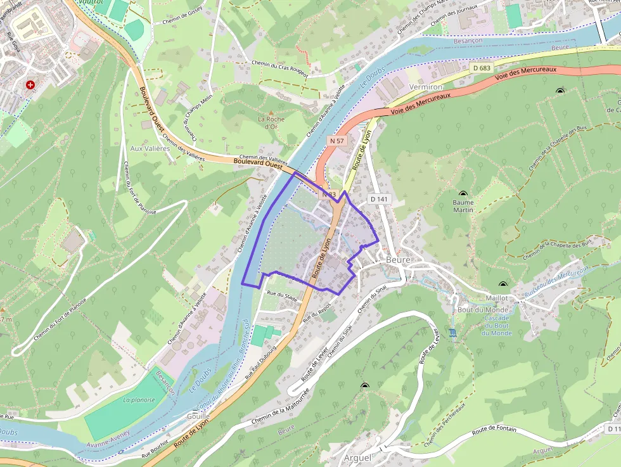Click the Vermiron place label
click(425, 86)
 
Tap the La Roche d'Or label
click(271, 122)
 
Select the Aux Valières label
click(150, 148)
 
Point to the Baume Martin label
click(463, 206)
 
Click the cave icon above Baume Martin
click(463, 193)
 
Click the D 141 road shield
click(379, 199)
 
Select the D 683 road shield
click(482, 68)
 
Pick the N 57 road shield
click(336, 140)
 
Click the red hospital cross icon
click(30, 85)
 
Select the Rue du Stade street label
click(282, 295)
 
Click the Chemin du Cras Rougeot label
click(279, 68)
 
